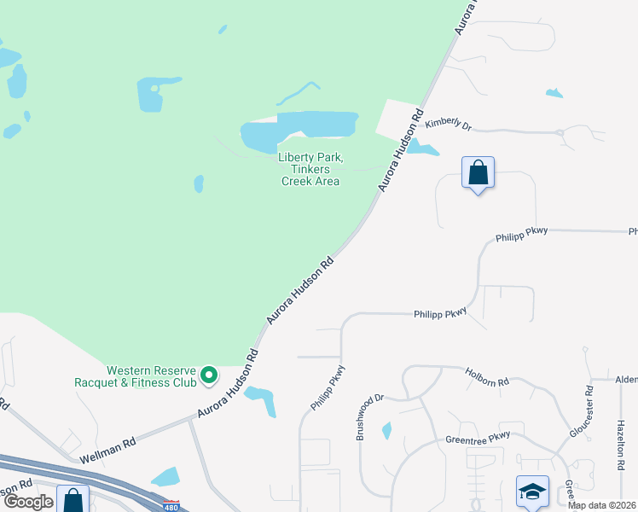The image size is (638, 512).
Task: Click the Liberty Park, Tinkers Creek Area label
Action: (x=310, y=169)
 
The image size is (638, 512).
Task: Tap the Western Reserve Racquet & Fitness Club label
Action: (x=152, y=375)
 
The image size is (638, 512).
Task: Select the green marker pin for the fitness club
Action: (x=208, y=375)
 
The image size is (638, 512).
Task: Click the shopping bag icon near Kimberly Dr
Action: (x=478, y=173)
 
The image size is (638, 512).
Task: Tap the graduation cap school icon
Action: (x=532, y=492)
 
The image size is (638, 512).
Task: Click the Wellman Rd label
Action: (x=107, y=451)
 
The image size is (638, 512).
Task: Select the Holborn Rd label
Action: (x=487, y=376)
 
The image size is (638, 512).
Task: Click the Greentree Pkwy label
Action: (x=478, y=439)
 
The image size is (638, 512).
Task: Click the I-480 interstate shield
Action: (x=171, y=505)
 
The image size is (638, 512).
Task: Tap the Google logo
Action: (x=27, y=501)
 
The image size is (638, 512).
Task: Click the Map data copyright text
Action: (x=601, y=505)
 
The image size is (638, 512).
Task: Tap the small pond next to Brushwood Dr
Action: (x=386, y=431)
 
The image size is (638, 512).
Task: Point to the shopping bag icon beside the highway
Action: (x=72, y=499)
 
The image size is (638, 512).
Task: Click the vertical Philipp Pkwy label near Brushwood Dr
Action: (x=327, y=388)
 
